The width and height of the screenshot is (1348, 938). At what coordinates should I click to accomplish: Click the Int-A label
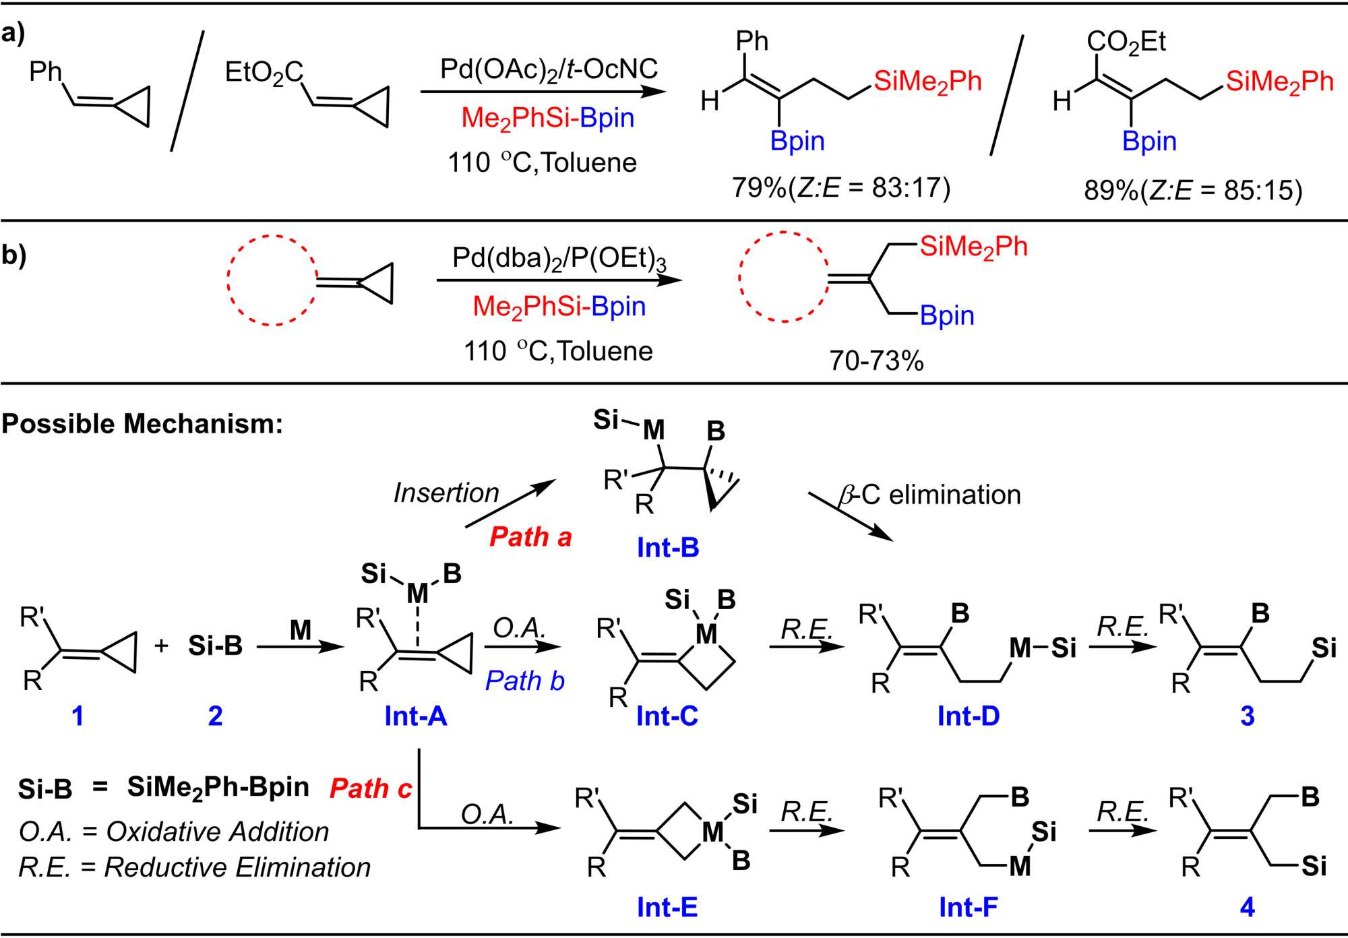(415, 716)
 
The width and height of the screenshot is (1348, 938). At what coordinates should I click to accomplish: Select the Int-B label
(667, 548)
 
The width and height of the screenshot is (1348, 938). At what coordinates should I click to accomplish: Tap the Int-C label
(667, 716)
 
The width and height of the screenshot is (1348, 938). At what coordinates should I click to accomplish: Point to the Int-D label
(968, 716)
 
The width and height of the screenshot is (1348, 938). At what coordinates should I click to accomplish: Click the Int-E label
(667, 907)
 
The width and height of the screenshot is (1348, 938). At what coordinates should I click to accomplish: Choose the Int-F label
(968, 907)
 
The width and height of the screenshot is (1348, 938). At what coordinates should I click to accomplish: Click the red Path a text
(530, 537)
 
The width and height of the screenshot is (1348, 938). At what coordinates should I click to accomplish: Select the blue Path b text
(524, 681)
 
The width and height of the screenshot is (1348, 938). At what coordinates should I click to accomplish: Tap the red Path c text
(370, 788)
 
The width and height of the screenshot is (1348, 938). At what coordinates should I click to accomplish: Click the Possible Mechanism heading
(142, 424)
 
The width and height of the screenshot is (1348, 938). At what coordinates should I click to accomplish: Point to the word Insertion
(446, 493)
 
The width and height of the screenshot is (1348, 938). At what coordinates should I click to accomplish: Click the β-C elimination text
(930, 495)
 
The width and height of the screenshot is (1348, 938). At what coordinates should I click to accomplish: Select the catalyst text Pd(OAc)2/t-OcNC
(549, 69)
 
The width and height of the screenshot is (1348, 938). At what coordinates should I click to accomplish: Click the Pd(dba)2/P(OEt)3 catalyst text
(559, 258)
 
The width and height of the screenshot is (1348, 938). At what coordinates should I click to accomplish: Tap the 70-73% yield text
(876, 361)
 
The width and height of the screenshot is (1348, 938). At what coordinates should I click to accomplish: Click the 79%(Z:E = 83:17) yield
(841, 187)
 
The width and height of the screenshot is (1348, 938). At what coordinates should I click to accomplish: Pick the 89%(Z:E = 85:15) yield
(1193, 190)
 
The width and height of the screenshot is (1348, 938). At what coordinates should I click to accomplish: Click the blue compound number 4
(1247, 907)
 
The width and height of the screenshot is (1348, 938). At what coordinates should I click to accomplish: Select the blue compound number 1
(78, 716)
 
